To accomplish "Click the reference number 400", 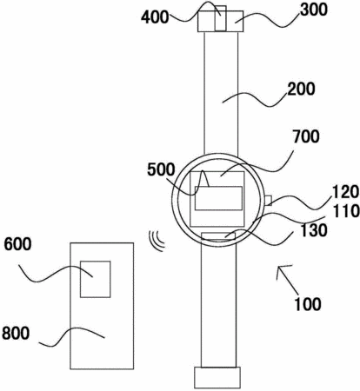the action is click(x=155, y=17).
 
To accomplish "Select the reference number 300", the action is click(x=314, y=10).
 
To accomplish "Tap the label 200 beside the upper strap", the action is click(x=301, y=89).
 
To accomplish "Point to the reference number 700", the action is click(x=306, y=136).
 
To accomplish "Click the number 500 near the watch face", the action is click(x=161, y=169).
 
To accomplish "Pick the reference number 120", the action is click(x=345, y=192).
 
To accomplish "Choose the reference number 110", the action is click(x=346, y=211).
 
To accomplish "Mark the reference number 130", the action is click(x=314, y=230).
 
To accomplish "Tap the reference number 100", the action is click(x=308, y=304).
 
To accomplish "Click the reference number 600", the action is click(x=17, y=244).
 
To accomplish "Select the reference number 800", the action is click(x=16, y=333).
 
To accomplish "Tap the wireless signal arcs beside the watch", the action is click(x=157, y=241).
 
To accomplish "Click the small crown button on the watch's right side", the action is click(x=268, y=201).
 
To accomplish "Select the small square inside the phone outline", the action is click(x=96, y=279).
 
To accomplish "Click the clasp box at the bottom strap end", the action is click(x=217, y=378).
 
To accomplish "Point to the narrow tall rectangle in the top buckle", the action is click(x=220, y=18).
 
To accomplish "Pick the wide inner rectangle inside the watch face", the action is click(x=218, y=198).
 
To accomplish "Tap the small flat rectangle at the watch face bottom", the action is click(x=218, y=236).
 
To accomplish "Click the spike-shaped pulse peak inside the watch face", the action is click(x=203, y=178).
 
